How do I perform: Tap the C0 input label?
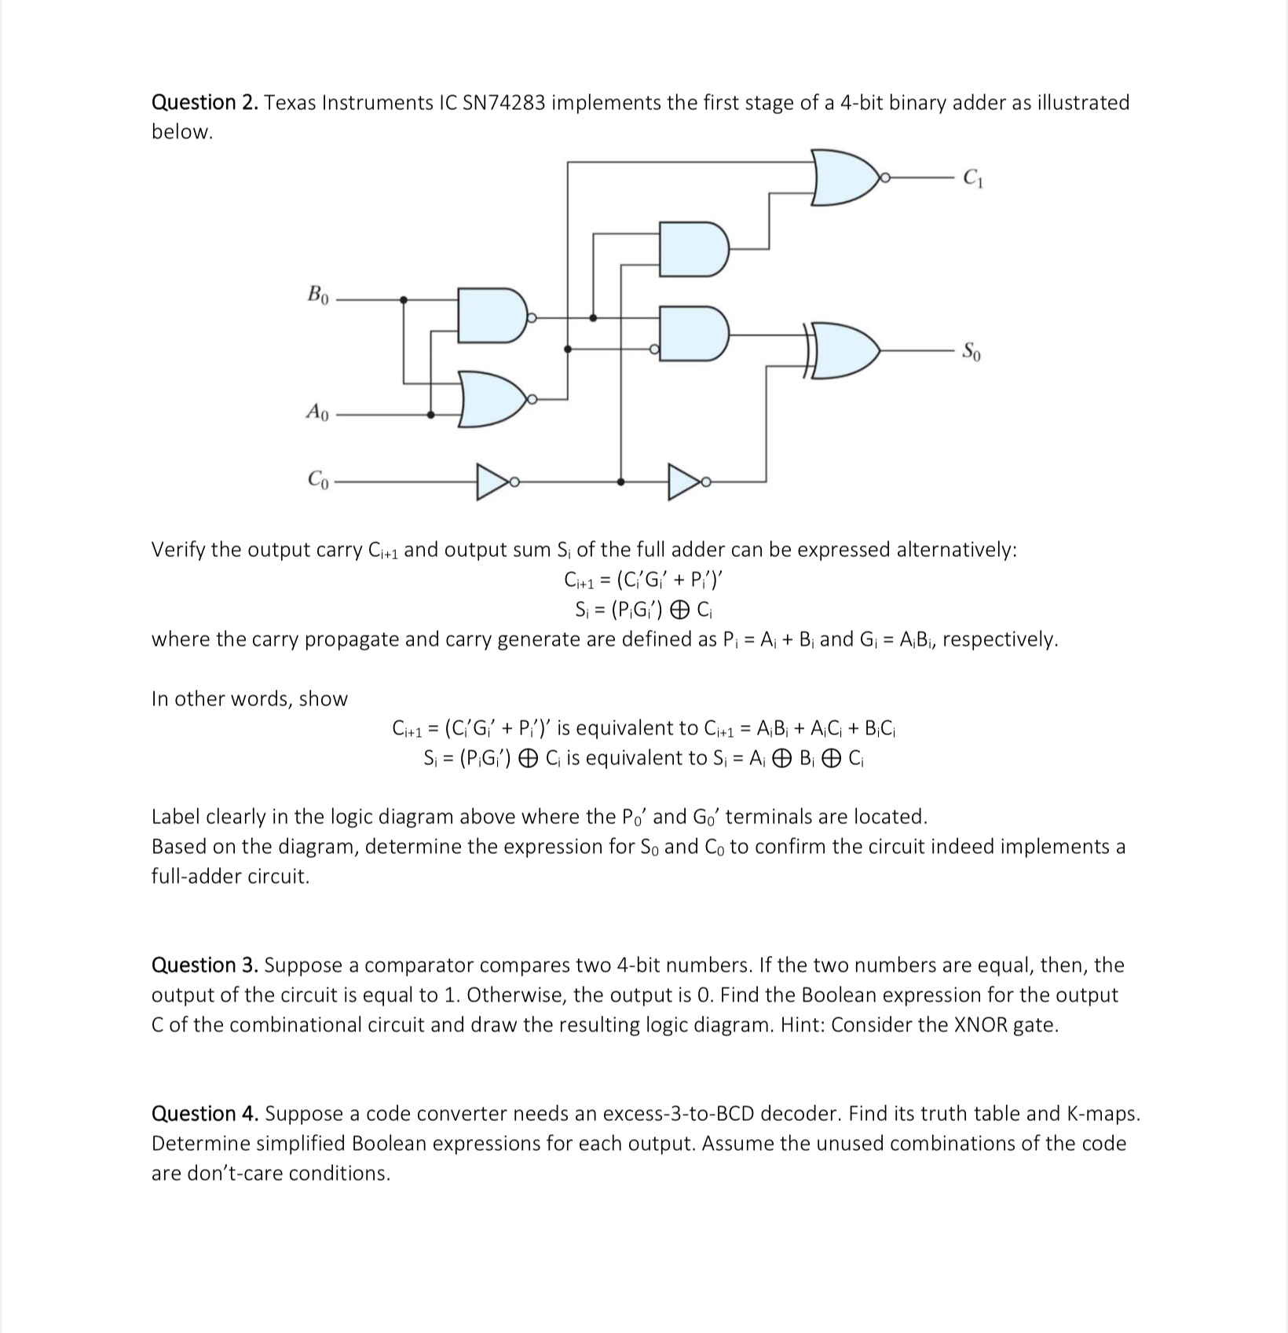[317, 478]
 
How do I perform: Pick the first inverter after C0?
[493, 482]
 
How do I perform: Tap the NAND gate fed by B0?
[491, 316]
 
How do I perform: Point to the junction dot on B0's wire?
[404, 299]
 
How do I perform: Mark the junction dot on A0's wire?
[430, 415]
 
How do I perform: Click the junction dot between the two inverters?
[621, 482]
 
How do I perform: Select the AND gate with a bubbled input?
[693, 334]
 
